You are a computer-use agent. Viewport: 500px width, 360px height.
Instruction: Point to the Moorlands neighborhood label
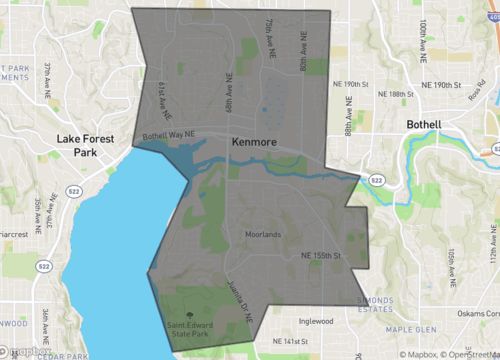[265, 236]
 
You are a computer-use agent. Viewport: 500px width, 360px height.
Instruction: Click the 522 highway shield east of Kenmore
[376, 179]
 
